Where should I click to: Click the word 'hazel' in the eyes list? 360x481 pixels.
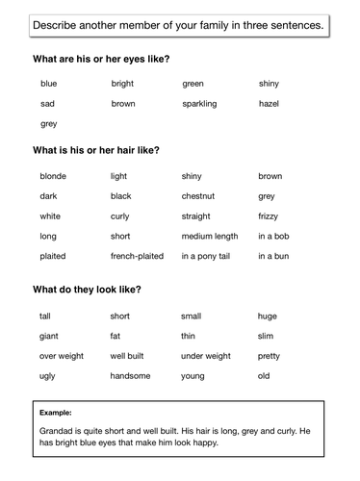pos(269,103)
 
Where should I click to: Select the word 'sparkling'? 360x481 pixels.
pos(199,103)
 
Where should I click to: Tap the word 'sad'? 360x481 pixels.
pos(47,103)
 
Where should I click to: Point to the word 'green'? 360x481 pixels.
pos(193,84)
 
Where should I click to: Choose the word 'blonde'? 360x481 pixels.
pos(53,176)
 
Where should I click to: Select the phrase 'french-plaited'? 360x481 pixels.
pos(137,257)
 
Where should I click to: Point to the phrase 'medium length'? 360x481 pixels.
pos(209,237)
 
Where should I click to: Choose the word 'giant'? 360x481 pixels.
pos(49,336)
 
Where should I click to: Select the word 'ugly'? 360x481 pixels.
pos(47,376)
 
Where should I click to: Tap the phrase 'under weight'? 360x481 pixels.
pos(205,356)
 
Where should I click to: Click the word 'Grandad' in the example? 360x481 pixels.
pos(59,430)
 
